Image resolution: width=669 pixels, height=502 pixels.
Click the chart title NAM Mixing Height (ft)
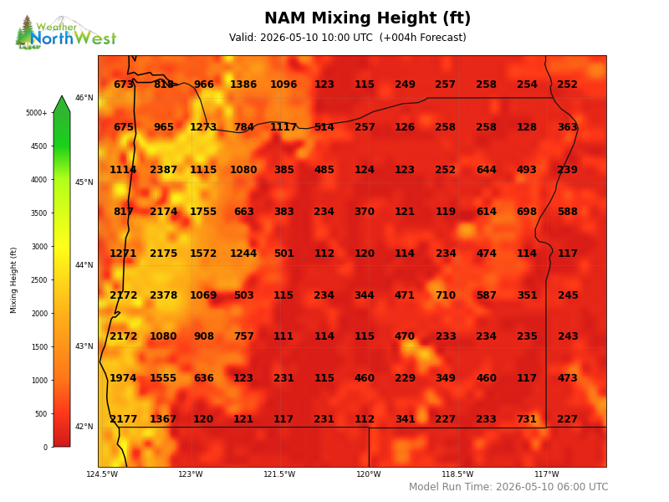click(367, 18)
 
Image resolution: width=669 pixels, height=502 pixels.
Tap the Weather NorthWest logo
click(66, 33)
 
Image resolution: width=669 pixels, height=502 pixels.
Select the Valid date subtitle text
click(347, 38)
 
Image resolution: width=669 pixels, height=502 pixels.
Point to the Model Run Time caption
click(508, 487)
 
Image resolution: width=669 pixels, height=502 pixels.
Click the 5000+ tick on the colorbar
click(36, 113)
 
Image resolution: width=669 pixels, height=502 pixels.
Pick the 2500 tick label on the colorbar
click(38, 280)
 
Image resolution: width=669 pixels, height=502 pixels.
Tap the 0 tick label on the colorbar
click(45, 448)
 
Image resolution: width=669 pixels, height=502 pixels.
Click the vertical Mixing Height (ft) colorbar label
click(13, 280)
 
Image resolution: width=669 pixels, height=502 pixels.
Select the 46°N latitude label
click(84, 98)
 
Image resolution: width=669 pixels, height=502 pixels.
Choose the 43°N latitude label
click(84, 346)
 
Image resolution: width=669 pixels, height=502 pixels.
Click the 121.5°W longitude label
click(279, 474)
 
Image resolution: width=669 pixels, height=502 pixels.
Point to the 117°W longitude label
click(547, 474)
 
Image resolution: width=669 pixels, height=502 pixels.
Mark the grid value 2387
click(163, 170)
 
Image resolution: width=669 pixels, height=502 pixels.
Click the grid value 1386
click(243, 85)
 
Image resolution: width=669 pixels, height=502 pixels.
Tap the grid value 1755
click(203, 212)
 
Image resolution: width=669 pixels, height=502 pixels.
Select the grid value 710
click(446, 295)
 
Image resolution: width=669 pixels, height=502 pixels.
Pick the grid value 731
click(527, 419)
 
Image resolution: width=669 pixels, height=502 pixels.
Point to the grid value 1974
click(123, 378)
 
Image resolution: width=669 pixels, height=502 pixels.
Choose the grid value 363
click(568, 127)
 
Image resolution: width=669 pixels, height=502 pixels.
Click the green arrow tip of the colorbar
click(62, 96)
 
